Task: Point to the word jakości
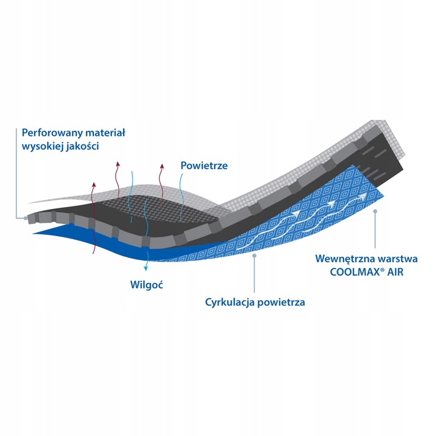click(x=82, y=147)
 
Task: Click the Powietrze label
click(x=204, y=165)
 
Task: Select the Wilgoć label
click(x=147, y=285)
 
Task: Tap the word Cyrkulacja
click(x=230, y=302)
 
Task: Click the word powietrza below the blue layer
click(x=281, y=303)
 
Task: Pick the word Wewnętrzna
click(x=344, y=259)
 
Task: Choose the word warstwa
click(x=397, y=259)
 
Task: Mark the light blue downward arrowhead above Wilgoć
click(x=145, y=268)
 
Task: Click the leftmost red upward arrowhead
click(x=94, y=184)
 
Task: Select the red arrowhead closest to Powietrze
click(x=162, y=167)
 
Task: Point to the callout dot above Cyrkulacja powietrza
click(x=254, y=256)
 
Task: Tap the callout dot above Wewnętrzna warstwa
click(x=375, y=211)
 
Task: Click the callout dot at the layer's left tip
click(x=25, y=218)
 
